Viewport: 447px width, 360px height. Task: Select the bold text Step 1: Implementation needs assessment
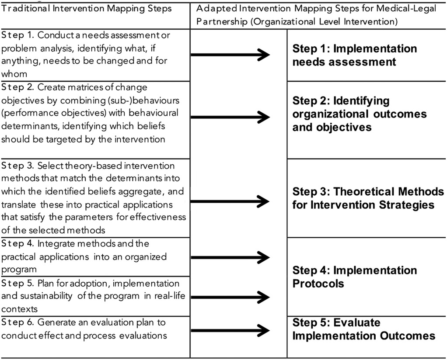click(x=355, y=55)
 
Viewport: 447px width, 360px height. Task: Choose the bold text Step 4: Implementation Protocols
click(x=355, y=277)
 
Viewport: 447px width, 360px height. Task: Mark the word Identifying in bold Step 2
click(x=361, y=101)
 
